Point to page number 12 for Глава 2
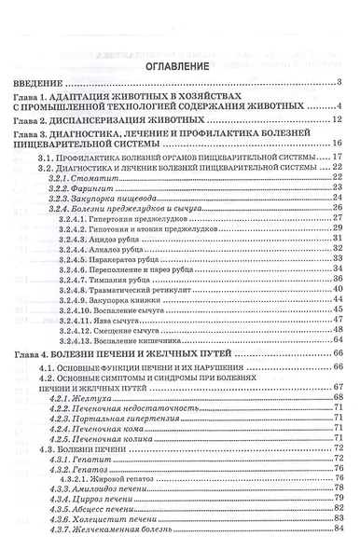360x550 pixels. [340, 121]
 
